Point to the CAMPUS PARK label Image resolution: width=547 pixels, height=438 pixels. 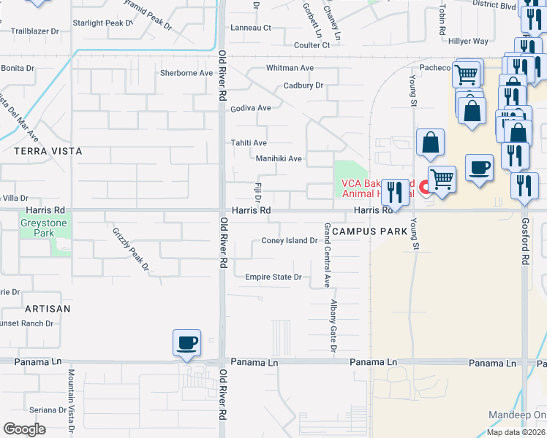pyautogui.click(x=369, y=231)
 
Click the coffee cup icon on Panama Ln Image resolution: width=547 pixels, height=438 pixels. pyautogui.click(x=186, y=342)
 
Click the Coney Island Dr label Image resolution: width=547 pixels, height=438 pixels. pyautogui.click(x=289, y=241)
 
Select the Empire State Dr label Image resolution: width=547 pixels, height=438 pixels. pyautogui.click(x=273, y=277)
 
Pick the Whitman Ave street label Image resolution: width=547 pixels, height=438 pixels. pyautogui.click(x=290, y=68)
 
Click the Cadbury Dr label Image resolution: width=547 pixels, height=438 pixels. pyautogui.click(x=303, y=85)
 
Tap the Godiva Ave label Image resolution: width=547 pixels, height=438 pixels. pyautogui.click(x=251, y=108)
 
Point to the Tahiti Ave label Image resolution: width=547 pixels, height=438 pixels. pyautogui.click(x=249, y=143)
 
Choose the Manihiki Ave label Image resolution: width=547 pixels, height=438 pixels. pyautogui.click(x=279, y=158)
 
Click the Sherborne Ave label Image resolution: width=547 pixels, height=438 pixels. pyautogui.click(x=186, y=73)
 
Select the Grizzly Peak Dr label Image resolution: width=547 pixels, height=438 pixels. pyautogui.click(x=129, y=248)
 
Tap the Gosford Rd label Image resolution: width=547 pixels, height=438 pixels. pyautogui.click(x=525, y=240)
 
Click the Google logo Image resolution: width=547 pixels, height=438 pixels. pyautogui.click(x=24, y=429)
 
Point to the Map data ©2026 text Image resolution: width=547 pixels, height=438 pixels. pyautogui.click(x=516, y=432)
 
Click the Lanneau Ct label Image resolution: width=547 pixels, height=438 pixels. pyautogui.click(x=251, y=28)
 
